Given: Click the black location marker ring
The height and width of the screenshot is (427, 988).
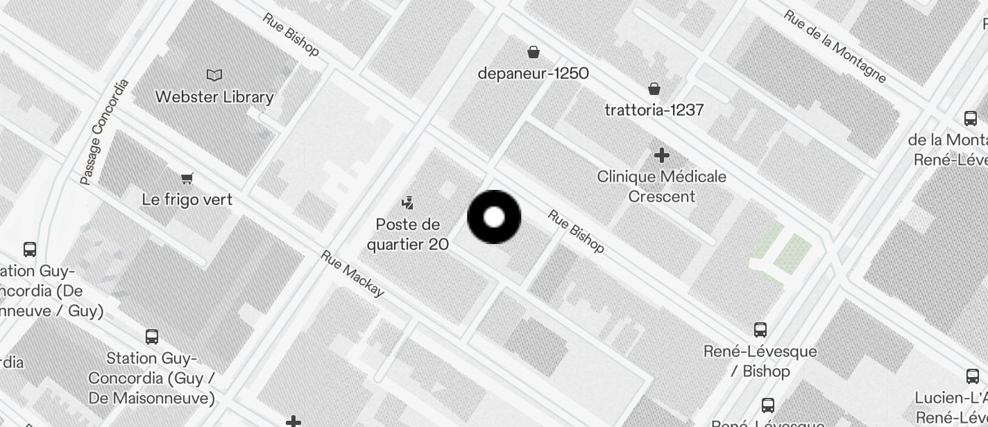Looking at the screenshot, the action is (x=494, y=217).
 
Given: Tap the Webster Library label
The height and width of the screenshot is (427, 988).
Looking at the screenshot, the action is (x=214, y=97).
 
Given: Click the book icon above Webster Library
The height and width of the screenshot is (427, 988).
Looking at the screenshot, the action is (x=214, y=75).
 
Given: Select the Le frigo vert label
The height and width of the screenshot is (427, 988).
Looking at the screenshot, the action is (x=187, y=200).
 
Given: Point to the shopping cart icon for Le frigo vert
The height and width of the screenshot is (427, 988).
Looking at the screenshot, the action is (x=187, y=179).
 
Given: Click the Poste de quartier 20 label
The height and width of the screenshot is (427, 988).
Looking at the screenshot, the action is (x=408, y=234).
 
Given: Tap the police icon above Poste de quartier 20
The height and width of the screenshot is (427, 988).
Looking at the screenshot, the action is (x=408, y=203).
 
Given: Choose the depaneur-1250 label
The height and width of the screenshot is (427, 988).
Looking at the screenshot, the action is (x=534, y=73).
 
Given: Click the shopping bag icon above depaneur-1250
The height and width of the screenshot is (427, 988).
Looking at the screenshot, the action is (x=534, y=52).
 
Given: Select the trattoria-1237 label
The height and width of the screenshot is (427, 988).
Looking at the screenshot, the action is (x=654, y=110).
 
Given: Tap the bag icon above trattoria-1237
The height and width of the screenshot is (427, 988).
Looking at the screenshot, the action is (x=654, y=89).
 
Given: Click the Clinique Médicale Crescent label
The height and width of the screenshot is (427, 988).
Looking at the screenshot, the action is (x=662, y=186).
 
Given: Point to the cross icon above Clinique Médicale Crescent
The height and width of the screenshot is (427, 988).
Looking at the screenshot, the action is (x=662, y=155).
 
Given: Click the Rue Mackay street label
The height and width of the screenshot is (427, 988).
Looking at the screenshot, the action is (x=352, y=274).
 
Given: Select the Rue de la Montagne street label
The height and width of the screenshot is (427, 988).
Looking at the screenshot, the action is (x=835, y=46).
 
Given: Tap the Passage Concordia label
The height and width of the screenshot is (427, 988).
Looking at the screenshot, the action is (x=104, y=132).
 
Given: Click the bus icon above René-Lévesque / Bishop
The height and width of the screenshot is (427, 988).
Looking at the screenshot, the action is (x=760, y=329).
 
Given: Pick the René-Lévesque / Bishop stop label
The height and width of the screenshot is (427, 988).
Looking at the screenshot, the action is (x=760, y=361).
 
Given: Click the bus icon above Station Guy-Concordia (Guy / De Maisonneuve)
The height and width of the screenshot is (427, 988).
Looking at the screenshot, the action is (x=152, y=337).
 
